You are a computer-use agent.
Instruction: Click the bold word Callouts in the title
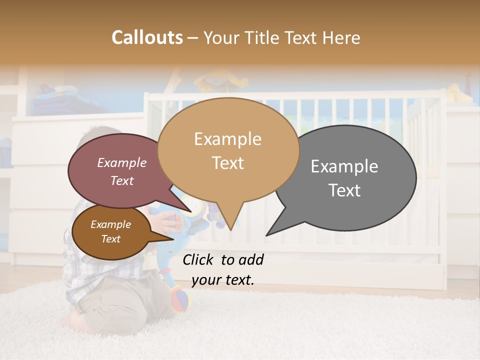(x=147, y=37)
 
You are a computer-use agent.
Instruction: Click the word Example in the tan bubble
(x=227, y=139)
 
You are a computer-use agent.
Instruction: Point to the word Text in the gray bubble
(x=344, y=190)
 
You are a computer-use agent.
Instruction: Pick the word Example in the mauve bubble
(x=122, y=162)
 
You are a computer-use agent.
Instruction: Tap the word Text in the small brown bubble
(x=111, y=239)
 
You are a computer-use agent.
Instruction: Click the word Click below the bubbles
(x=199, y=259)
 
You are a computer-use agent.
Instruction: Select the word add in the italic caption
(x=251, y=259)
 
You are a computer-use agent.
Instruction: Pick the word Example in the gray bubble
(x=344, y=166)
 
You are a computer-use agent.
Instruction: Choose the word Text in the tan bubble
(x=227, y=163)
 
